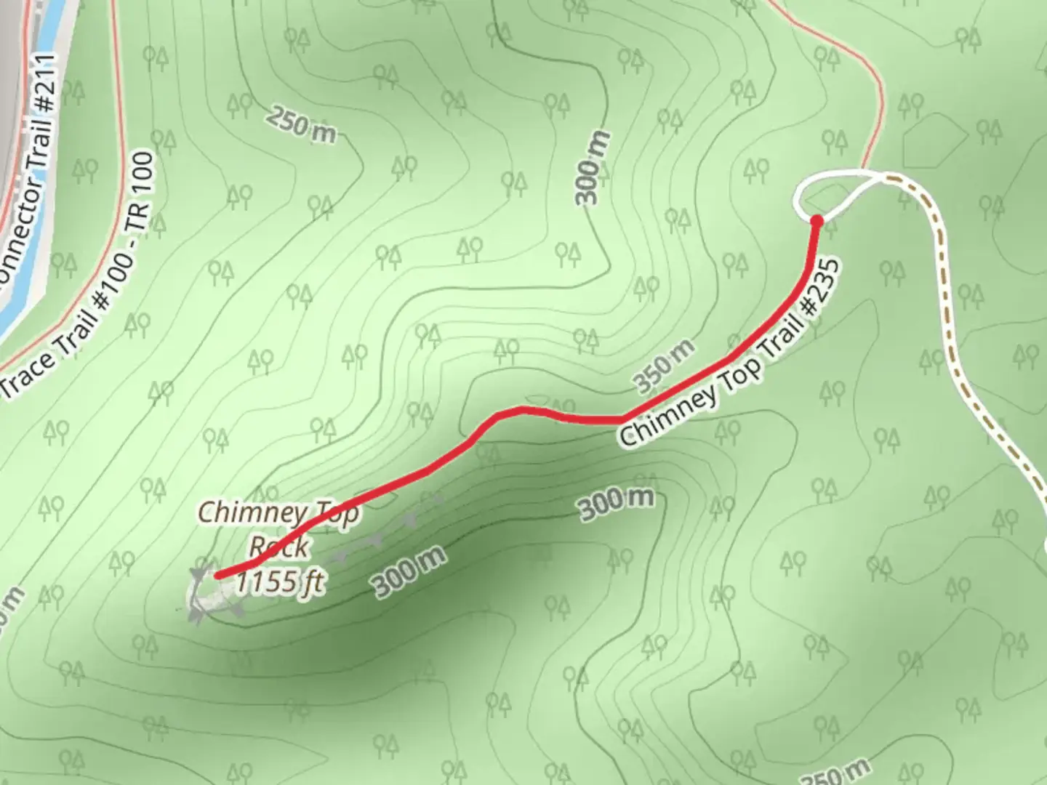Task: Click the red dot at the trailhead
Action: [817, 220]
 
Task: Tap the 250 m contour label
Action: [300, 124]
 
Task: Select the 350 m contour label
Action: [662, 366]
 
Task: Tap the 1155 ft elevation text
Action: [280, 581]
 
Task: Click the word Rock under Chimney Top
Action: [278, 547]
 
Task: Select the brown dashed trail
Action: [945, 305]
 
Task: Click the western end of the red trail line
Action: [219, 575]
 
